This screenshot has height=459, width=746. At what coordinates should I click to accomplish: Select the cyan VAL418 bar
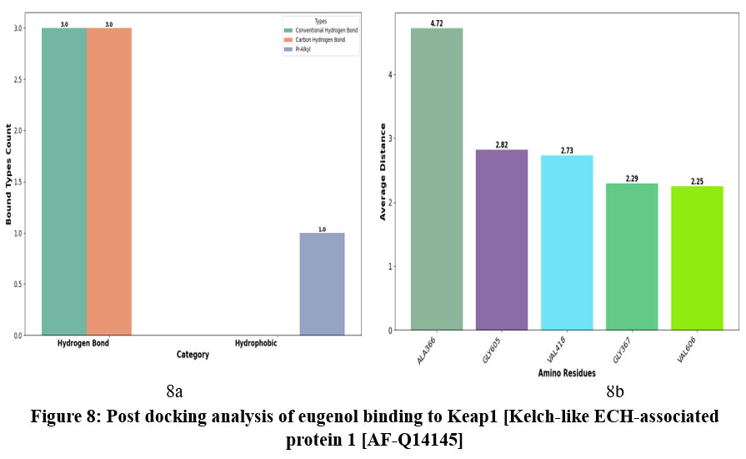pos(567,243)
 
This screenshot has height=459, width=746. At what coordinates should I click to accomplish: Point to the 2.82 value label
pos(502,144)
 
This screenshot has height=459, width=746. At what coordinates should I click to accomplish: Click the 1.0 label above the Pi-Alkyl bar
pos(322,229)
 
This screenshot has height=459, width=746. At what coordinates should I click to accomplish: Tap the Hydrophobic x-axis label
pos(256,344)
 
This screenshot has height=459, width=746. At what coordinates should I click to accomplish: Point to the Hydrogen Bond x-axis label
pos(83,344)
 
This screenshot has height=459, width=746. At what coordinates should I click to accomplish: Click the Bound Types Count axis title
pos(10,174)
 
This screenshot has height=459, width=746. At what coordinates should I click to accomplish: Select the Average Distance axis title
pos(383,171)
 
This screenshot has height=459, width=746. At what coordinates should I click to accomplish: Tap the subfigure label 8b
pos(615,391)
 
